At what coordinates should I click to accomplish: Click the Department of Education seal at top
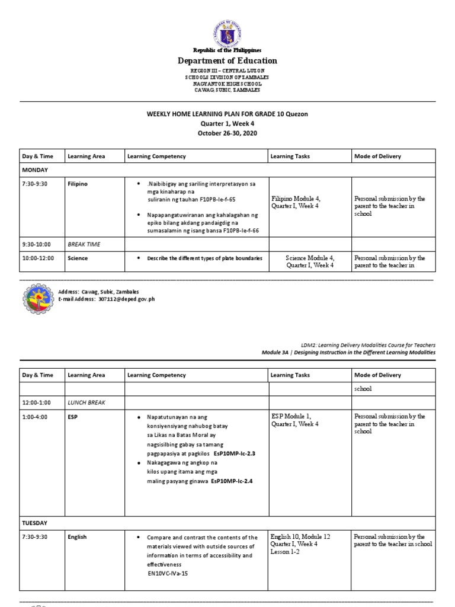click(227, 34)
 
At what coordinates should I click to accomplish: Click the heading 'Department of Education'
click(227, 60)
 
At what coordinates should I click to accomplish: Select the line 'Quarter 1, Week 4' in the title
click(227, 123)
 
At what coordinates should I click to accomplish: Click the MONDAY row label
click(35, 170)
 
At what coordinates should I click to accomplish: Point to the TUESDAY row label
click(35, 523)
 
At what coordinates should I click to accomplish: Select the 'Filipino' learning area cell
click(78, 184)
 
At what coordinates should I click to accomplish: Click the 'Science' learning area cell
click(78, 258)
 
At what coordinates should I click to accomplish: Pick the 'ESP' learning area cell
click(73, 417)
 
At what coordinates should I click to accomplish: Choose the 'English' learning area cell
click(77, 537)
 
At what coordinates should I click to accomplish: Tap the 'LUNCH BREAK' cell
click(86, 402)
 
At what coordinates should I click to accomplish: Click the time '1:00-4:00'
click(34, 417)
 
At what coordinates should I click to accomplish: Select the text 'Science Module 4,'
click(310, 258)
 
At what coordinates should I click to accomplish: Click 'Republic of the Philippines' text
click(227, 50)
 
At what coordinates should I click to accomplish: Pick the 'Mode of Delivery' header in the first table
click(377, 156)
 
